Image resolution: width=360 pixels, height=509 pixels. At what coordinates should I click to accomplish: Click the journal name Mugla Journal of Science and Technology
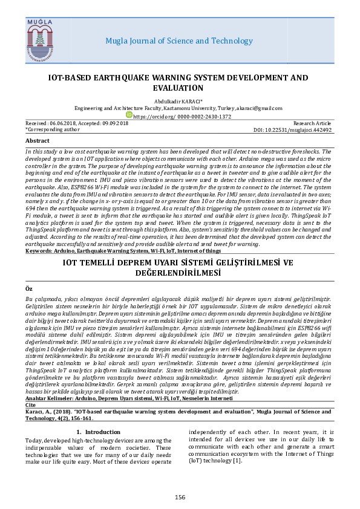[x=179, y=41]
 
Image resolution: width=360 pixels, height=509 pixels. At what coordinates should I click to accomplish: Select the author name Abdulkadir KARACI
[x=180, y=101]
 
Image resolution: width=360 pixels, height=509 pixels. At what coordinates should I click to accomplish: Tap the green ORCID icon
[x=129, y=114]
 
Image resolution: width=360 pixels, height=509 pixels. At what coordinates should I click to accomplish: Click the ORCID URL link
[x=182, y=116]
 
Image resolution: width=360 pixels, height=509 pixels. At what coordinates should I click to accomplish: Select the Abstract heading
[x=38, y=140]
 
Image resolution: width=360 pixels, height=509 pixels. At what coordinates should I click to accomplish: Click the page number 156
[x=180, y=497]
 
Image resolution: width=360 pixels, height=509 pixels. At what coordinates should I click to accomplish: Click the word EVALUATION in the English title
[x=180, y=88]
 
